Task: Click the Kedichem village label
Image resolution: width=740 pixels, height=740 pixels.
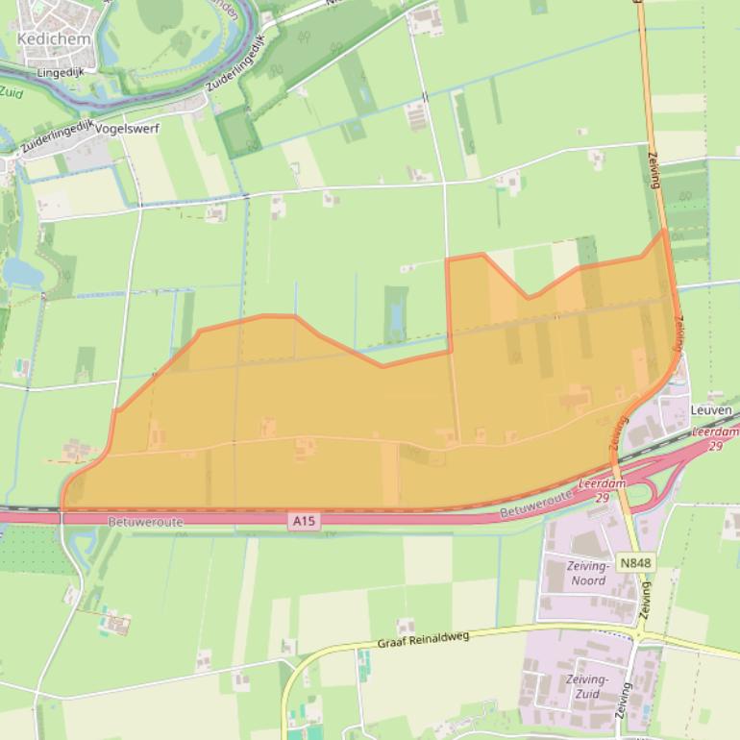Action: (x=54, y=39)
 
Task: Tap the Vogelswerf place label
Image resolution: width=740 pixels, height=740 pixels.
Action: (x=127, y=128)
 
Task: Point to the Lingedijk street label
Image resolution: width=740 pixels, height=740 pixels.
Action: (x=61, y=72)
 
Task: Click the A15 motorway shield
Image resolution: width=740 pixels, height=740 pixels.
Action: (x=303, y=521)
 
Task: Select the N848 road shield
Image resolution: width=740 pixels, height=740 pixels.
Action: (x=634, y=563)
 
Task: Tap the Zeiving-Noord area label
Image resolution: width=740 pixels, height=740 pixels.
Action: (x=588, y=574)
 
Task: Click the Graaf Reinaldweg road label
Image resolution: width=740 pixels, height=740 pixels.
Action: (x=423, y=640)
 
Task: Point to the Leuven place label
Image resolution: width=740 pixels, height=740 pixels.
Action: (x=711, y=410)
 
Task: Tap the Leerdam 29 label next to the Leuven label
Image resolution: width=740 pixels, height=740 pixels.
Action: (x=712, y=439)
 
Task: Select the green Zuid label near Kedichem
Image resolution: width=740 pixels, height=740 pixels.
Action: (x=11, y=92)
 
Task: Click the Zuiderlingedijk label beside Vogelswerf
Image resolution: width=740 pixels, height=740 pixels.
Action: (x=56, y=136)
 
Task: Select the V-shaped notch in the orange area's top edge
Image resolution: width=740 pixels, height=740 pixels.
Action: (x=527, y=297)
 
